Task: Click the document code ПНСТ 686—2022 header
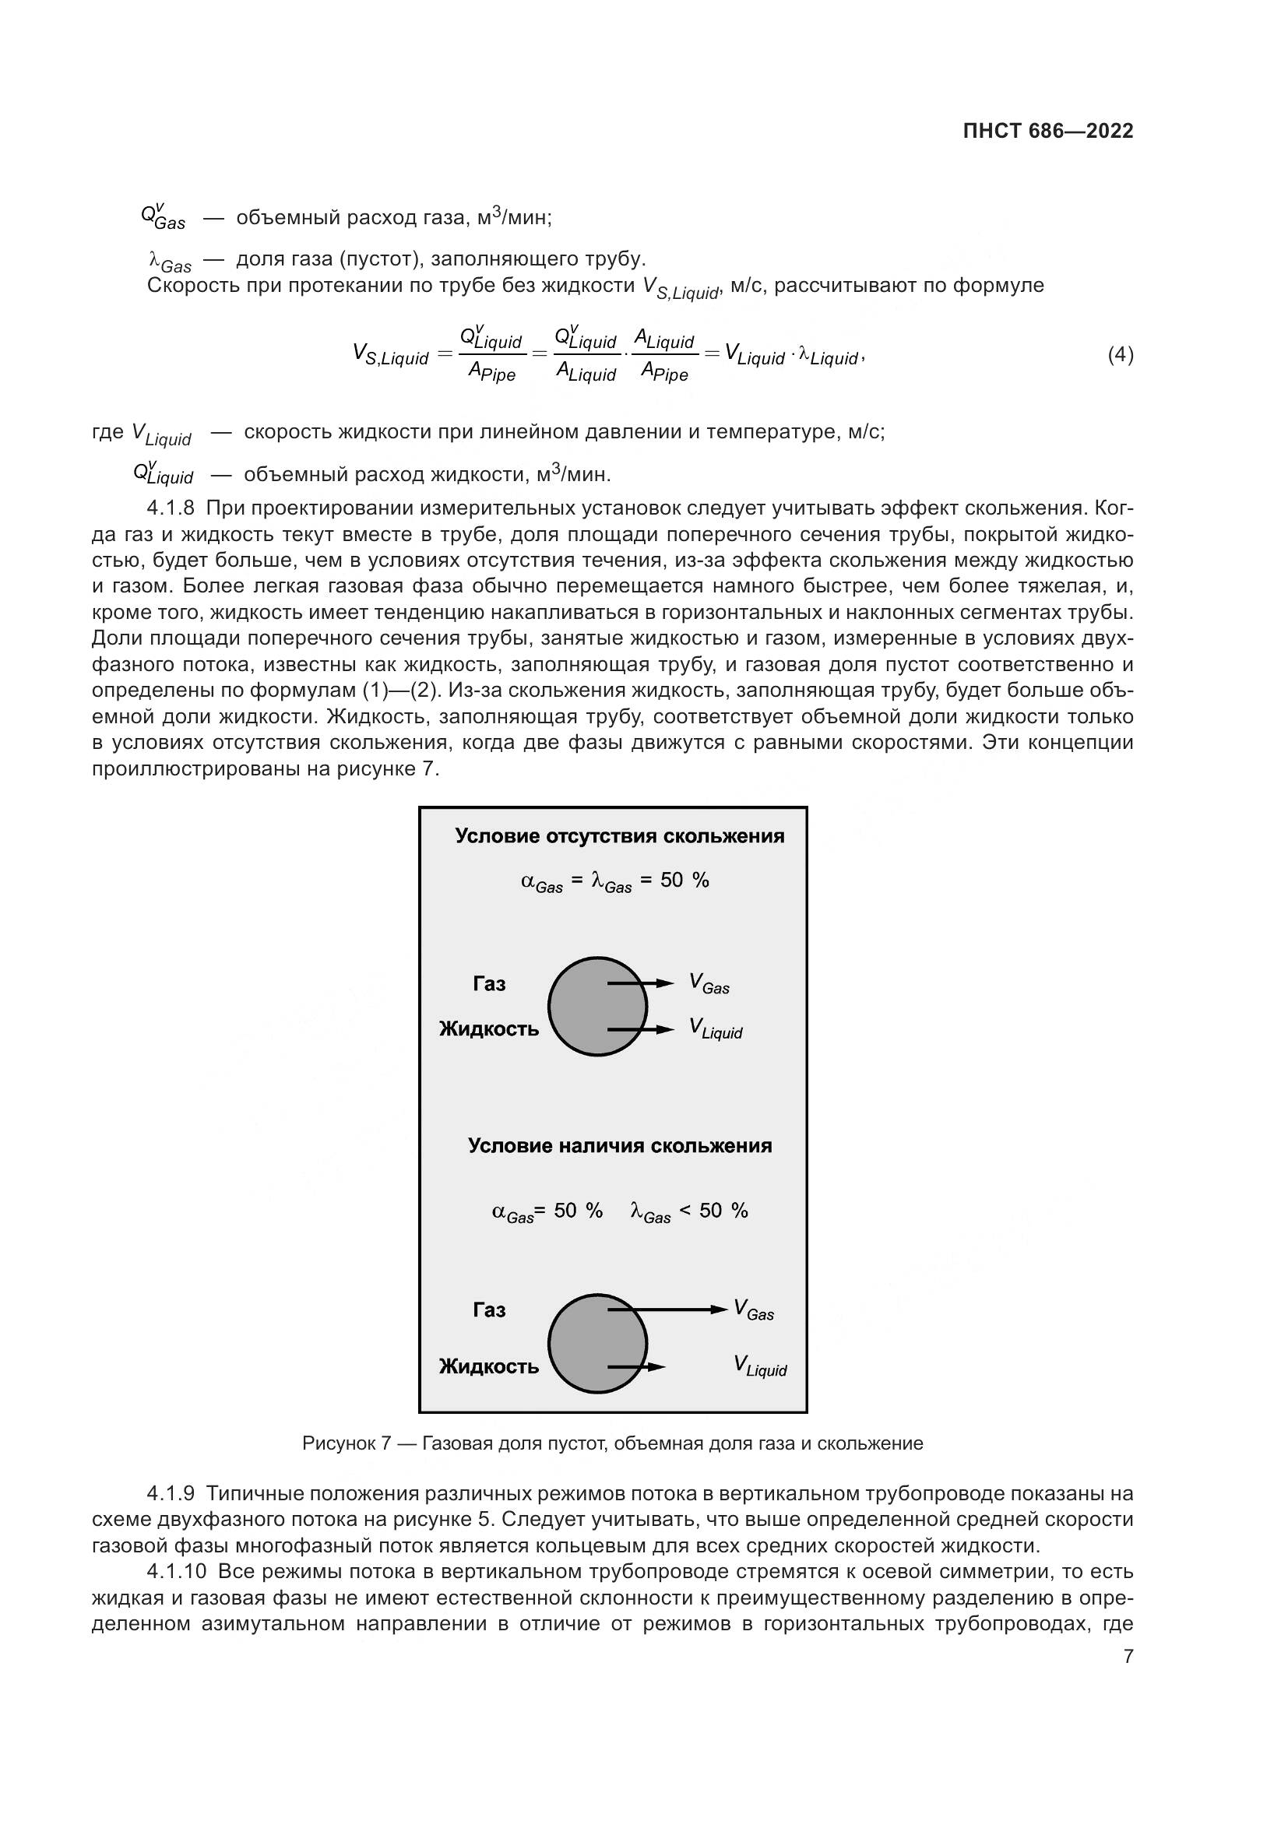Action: pos(1047,132)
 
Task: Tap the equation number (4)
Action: pos(1120,354)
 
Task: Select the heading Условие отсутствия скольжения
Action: pos(619,837)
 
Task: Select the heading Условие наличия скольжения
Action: pos(619,1145)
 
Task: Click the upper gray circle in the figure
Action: pos(596,1007)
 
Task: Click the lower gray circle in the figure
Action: pos(596,1344)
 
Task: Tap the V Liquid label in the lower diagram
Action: pos(760,1366)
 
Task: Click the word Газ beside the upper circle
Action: pos(488,984)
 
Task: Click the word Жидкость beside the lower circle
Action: pos(488,1366)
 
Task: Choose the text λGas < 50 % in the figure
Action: pos(688,1211)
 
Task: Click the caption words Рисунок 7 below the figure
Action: pos(347,1443)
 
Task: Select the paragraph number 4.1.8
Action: pos(171,508)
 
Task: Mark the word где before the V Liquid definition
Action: pos(108,432)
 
